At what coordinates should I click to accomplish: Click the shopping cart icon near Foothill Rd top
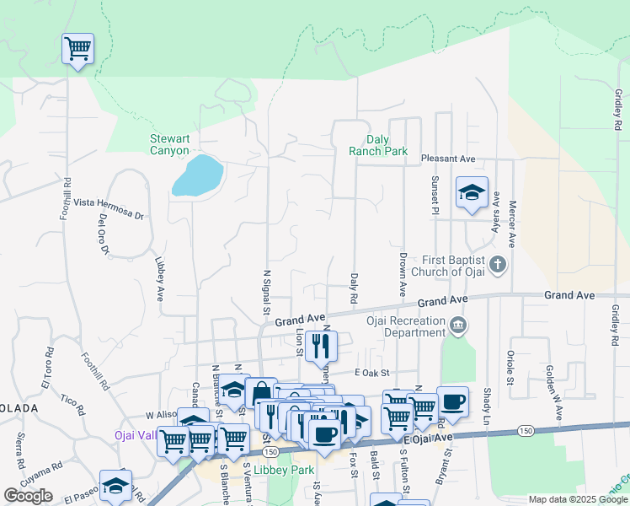tap(77, 48)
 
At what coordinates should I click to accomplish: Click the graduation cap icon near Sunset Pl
tap(472, 192)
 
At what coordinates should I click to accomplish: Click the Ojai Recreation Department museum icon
tap(457, 326)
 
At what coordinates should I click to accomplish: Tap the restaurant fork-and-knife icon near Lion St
tap(321, 345)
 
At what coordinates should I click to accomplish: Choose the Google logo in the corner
tap(28, 496)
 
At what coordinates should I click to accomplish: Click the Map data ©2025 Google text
tap(578, 499)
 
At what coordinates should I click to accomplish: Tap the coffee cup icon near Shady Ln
tap(453, 401)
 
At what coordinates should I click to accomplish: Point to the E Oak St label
tap(375, 373)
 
